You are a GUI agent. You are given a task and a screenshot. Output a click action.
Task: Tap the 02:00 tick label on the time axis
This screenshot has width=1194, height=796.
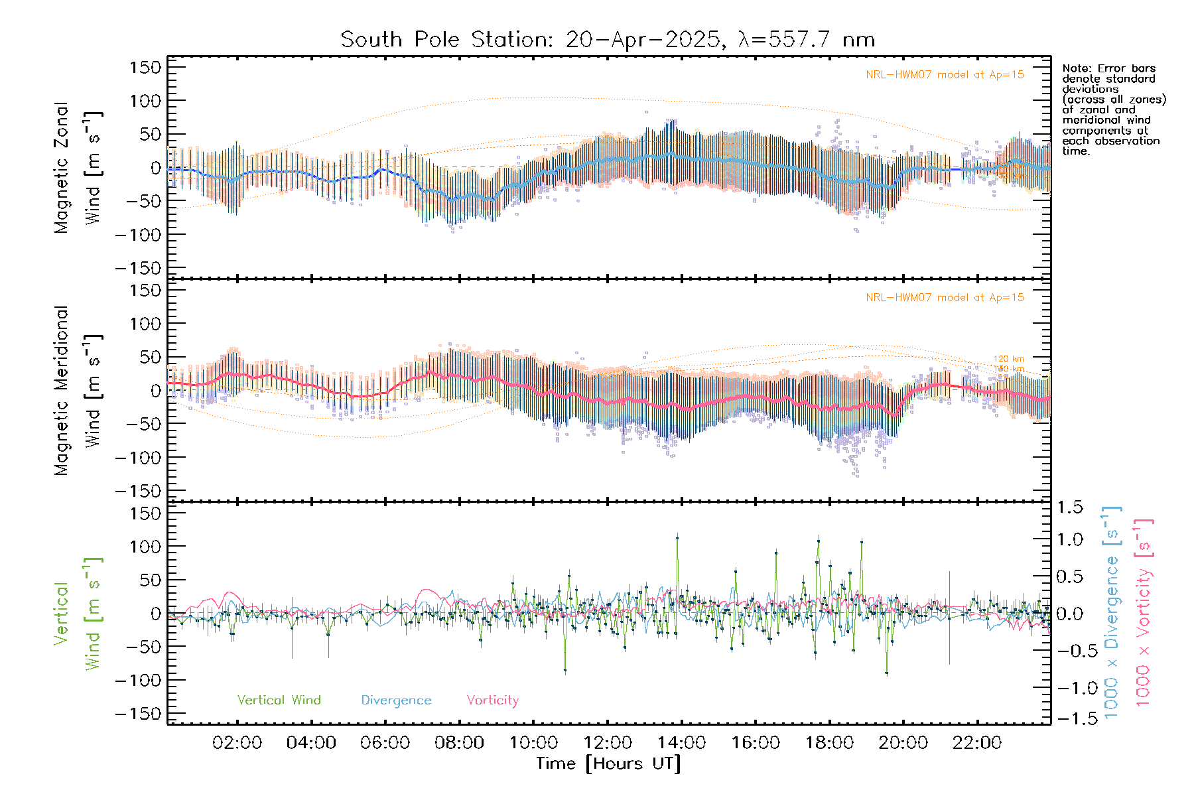pyautogui.click(x=237, y=743)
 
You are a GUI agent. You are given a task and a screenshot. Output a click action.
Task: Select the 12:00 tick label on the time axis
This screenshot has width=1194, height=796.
pyautogui.click(x=607, y=743)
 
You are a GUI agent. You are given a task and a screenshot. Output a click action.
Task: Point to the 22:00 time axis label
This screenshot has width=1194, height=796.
pyautogui.click(x=976, y=743)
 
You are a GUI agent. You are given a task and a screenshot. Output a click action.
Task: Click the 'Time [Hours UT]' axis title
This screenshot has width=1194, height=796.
pyautogui.click(x=608, y=763)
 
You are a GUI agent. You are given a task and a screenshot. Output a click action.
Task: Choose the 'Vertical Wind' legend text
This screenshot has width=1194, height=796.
pyautogui.click(x=279, y=700)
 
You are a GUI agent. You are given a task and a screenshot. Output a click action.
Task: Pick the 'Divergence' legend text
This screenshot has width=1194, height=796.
pyautogui.click(x=396, y=700)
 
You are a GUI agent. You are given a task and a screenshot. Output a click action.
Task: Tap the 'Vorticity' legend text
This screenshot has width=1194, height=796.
pyautogui.click(x=492, y=700)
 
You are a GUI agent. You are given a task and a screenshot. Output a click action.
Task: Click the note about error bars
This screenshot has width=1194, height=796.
pyautogui.click(x=1113, y=109)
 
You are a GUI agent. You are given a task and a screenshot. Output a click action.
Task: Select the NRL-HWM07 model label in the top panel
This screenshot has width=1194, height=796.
pyautogui.click(x=945, y=75)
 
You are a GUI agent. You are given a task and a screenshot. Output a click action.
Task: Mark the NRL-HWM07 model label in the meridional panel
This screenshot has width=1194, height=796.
pyautogui.click(x=945, y=298)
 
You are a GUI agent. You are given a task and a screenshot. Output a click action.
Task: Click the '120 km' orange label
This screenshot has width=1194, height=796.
pyautogui.click(x=1008, y=359)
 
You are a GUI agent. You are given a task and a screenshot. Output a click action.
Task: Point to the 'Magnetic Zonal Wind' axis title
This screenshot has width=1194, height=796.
pyautogui.click(x=78, y=167)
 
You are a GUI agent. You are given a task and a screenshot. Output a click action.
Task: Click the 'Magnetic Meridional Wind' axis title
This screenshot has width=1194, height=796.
pyautogui.click(x=78, y=390)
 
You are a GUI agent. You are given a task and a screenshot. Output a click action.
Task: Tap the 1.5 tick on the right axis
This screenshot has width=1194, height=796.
pyautogui.click(x=1070, y=507)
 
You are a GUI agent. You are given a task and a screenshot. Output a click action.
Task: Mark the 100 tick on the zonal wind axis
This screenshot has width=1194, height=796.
pyautogui.click(x=146, y=101)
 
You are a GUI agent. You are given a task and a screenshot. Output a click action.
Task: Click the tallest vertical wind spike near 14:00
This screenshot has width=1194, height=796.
pyautogui.click(x=677, y=538)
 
